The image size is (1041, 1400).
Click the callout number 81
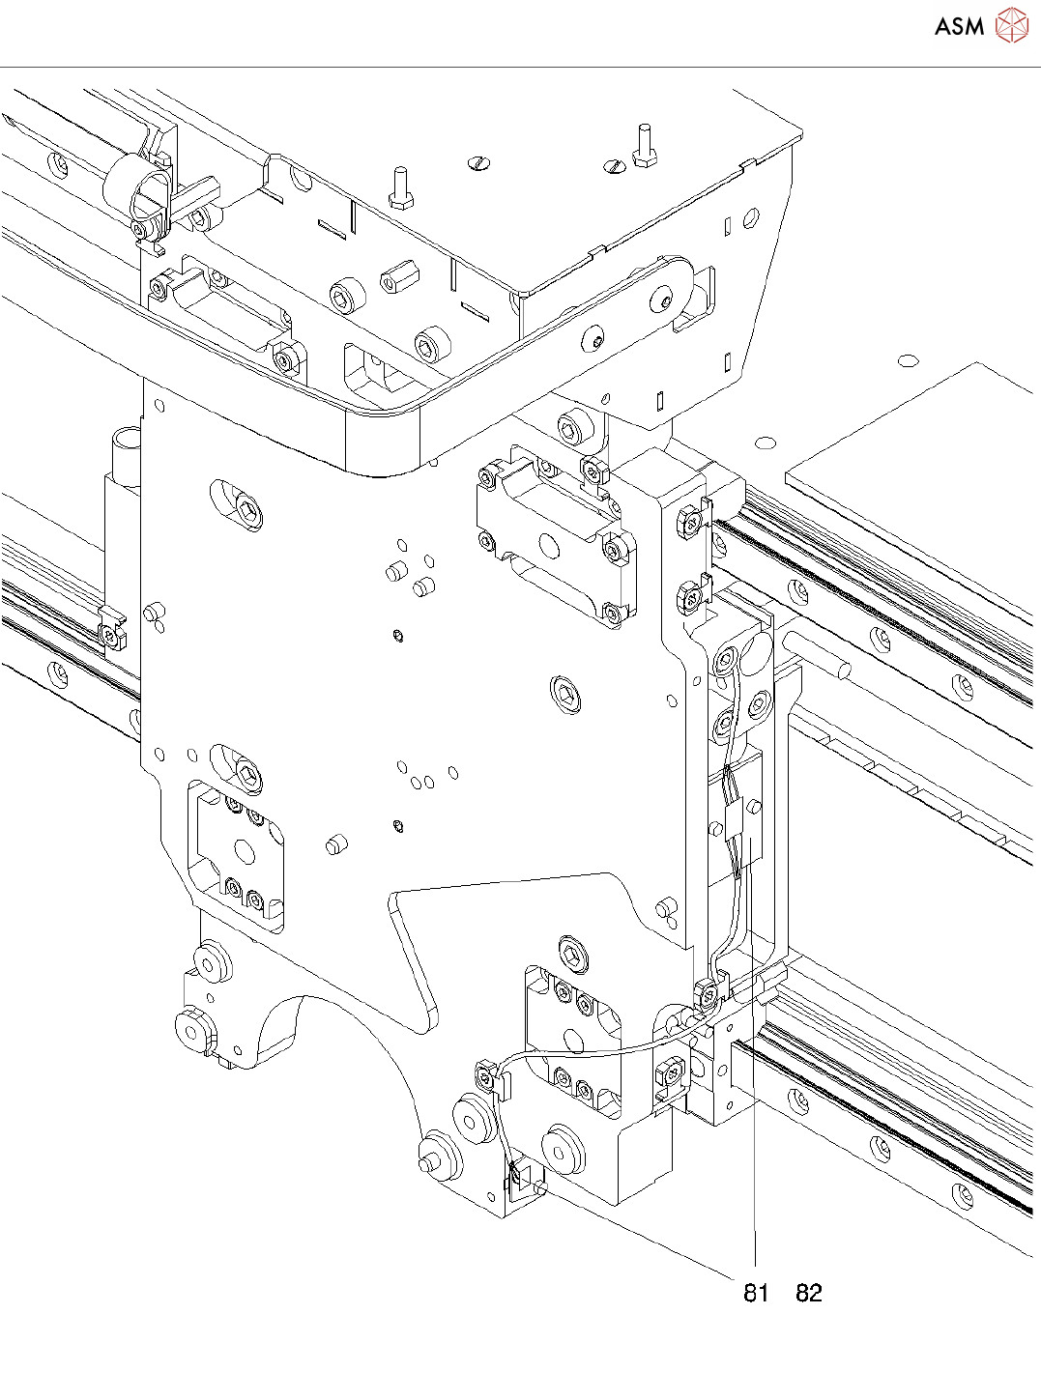pos(756,1293)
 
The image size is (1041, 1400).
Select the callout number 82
pos(809,1293)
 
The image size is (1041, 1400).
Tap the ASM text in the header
pos(959,27)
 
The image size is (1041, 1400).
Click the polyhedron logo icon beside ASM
pos(1012,26)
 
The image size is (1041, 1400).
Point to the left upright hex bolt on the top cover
pos(400,187)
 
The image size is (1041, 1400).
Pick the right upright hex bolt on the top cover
pos(645,145)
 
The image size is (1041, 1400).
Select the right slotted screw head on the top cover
pos(614,166)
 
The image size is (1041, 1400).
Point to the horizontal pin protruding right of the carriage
pos(818,653)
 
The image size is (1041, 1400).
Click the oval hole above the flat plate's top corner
pos(908,360)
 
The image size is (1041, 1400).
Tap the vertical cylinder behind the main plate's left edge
pos(124,454)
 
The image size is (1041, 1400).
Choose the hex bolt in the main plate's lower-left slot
pos(250,773)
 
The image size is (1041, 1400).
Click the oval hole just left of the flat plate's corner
pos(766,443)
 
